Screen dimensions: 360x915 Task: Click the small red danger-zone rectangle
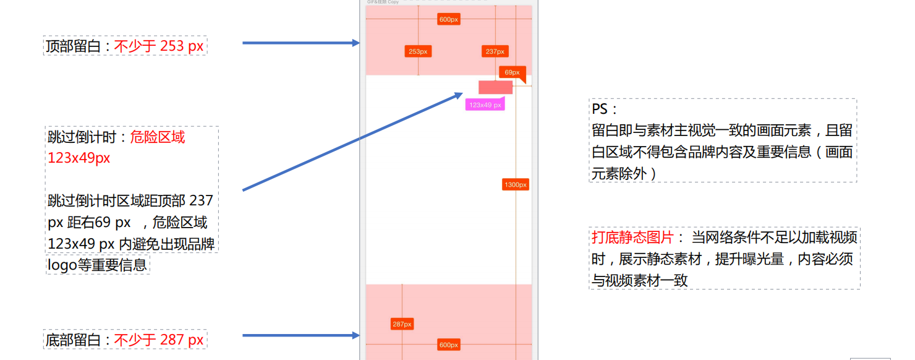pos(495,87)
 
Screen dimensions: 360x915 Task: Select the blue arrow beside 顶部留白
pos(300,43)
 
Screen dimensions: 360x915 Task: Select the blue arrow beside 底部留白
pos(300,335)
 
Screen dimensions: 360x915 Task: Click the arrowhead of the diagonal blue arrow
pos(457,95)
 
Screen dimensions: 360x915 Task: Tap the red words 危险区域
pos(157,137)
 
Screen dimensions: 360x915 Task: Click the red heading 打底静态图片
pos(632,238)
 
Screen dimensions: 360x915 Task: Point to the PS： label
pos(605,109)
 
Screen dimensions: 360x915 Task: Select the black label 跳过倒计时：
pos(88,137)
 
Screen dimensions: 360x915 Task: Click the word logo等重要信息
pos(97,265)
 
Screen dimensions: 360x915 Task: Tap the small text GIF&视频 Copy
pos(383,2)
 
